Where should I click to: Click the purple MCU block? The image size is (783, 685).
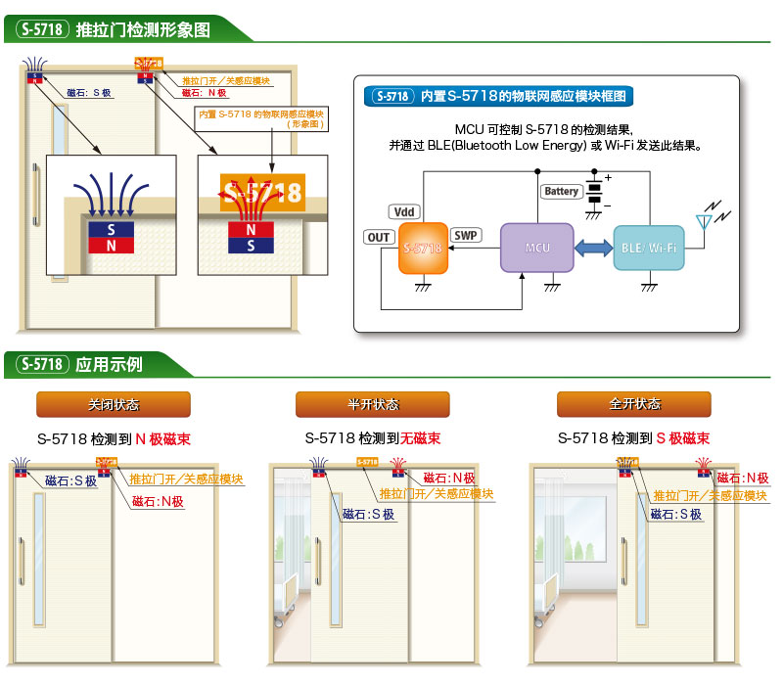click(x=537, y=248)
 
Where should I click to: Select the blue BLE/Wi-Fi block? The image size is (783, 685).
click(x=648, y=248)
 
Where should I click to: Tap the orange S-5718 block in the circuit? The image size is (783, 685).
click(x=423, y=249)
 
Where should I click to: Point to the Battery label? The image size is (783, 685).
click(x=562, y=192)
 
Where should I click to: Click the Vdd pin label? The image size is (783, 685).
click(x=403, y=211)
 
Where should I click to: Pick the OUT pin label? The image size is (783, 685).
click(x=379, y=237)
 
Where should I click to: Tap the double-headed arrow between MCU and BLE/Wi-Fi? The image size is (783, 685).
click(x=594, y=249)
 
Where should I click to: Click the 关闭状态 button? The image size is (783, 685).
click(x=113, y=404)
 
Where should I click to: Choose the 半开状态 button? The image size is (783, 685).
click(x=373, y=404)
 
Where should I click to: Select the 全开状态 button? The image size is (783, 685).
click(x=633, y=404)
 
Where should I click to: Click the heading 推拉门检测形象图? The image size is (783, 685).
click(x=143, y=29)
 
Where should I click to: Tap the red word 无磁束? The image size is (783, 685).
click(x=420, y=438)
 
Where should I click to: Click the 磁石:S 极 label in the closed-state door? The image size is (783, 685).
click(x=71, y=480)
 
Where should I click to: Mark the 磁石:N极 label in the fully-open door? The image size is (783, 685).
click(x=743, y=478)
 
